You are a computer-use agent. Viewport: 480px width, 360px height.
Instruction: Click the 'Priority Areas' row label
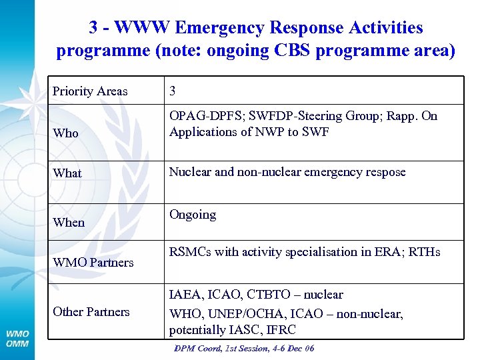90,91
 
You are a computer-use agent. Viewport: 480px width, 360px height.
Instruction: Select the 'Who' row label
65,133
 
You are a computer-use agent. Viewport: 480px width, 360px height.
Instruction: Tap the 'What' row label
67,173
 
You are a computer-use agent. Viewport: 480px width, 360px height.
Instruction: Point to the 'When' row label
69,223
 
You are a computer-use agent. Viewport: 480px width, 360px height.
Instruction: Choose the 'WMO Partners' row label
93,263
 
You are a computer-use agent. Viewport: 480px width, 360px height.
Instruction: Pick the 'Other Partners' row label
91,312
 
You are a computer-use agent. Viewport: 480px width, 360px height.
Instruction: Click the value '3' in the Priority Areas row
173,91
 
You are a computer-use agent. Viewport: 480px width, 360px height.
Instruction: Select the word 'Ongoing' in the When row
193,215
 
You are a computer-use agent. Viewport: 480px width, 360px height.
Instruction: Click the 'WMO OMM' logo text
17,338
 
